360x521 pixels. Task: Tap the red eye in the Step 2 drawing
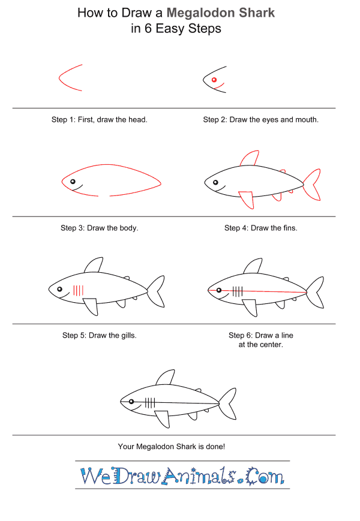coord(214,80)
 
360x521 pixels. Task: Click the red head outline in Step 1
coord(59,78)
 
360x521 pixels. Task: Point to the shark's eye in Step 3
coord(73,182)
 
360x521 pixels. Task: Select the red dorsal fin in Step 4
coord(250,159)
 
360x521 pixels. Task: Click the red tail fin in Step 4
coord(313,185)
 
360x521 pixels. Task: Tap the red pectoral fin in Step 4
coord(247,200)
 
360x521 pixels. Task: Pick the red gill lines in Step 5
coord(78,290)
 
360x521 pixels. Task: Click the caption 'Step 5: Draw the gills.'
coord(100,336)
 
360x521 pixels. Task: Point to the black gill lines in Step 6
coord(238,292)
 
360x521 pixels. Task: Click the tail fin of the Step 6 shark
coord(316,293)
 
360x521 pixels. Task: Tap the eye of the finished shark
coord(131,402)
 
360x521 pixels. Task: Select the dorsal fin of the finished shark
coord(166,378)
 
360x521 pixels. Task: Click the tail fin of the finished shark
coord(228,403)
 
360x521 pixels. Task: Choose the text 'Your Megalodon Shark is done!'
coord(172,447)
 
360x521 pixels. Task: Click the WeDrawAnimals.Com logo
coord(182,476)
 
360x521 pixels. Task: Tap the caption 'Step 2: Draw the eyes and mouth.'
coord(260,120)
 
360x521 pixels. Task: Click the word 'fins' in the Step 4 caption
coord(290,228)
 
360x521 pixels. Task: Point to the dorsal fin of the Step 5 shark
coord(94,265)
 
